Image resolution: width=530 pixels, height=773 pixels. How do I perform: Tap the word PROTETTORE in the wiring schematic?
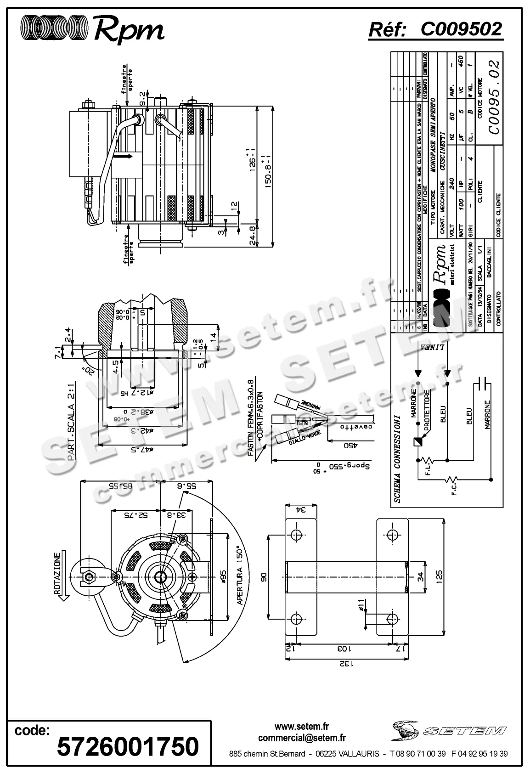pyautogui.click(x=427, y=410)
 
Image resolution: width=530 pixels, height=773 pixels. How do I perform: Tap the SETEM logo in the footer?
pyautogui.click(x=449, y=730)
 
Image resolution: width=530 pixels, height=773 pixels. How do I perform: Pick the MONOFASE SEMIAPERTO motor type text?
pyautogui.click(x=433, y=138)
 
